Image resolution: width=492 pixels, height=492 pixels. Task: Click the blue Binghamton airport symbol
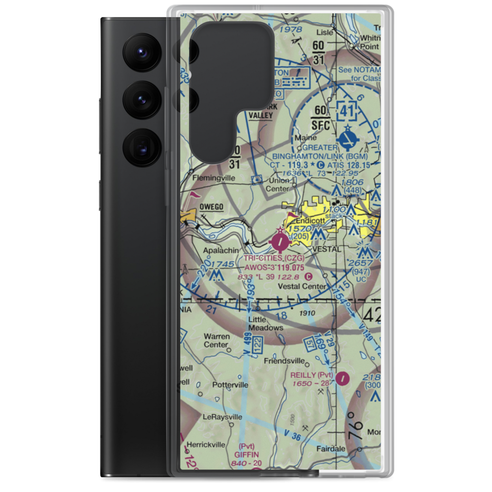(348, 138)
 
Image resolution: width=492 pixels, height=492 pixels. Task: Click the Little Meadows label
(265, 323)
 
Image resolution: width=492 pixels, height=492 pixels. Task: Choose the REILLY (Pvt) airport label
(311, 375)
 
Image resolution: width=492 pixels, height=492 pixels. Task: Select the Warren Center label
(216, 340)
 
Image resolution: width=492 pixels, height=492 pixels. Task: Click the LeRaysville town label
(222, 417)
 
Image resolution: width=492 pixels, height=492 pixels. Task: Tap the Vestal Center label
(302, 286)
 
